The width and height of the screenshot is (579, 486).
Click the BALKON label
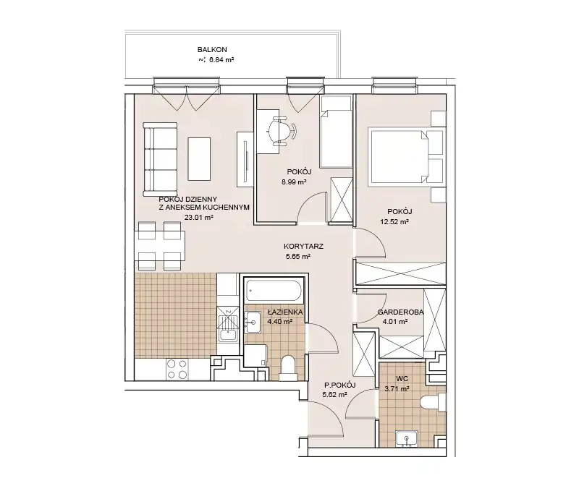pyautogui.click(x=212, y=49)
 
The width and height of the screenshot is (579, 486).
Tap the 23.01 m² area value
pyautogui.click(x=199, y=218)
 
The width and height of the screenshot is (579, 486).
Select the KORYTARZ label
pyautogui.click(x=303, y=247)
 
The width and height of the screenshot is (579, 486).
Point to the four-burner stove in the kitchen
pyautogui.click(x=177, y=370)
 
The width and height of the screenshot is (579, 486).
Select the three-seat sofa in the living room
pyautogui.click(x=160, y=159)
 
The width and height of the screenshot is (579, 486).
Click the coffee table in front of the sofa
pyautogui.click(x=200, y=159)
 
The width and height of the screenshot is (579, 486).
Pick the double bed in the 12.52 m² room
pyautogui.click(x=402, y=155)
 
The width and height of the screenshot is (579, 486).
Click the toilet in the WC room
pyautogui.click(x=433, y=401)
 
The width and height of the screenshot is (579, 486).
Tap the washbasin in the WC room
pyautogui.click(x=407, y=439)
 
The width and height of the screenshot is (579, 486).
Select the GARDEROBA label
pyautogui.click(x=400, y=312)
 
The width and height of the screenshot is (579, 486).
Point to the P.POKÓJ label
pyautogui.click(x=339, y=385)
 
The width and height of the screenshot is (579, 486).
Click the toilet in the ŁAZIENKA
pyautogui.click(x=289, y=368)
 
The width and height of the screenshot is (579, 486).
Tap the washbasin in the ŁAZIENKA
pyautogui.click(x=253, y=320)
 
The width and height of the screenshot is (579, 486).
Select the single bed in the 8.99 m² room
pyautogui.click(x=335, y=132)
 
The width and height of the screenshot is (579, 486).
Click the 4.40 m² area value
pyautogui.click(x=280, y=321)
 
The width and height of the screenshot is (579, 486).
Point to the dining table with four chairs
pyautogui.click(x=159, y=246)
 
